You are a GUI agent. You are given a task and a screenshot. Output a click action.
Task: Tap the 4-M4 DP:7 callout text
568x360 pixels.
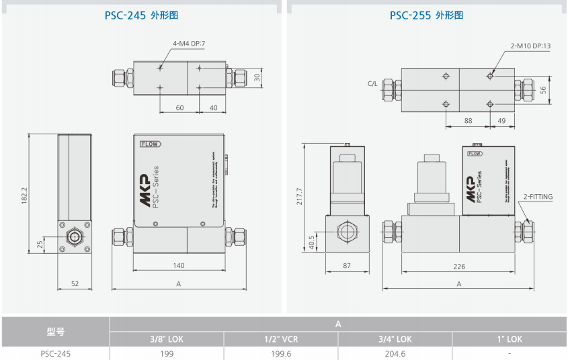click(189, 44)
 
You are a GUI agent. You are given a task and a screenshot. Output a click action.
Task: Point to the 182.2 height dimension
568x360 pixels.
click(25, 195)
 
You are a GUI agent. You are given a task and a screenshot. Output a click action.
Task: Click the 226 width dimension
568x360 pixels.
click(459, 266)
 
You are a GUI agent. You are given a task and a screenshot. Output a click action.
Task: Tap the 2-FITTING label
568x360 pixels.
click(538, 197)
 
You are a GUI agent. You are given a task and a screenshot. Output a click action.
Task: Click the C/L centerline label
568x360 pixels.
click(373, 84)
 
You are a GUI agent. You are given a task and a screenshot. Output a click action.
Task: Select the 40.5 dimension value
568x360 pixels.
click(311, 240)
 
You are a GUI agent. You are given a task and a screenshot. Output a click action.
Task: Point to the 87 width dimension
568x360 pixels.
click(347, 266)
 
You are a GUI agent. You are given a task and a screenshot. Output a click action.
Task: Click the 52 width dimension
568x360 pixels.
click(75, 284)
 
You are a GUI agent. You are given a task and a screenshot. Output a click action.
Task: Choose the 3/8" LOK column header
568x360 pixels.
click(166, 339)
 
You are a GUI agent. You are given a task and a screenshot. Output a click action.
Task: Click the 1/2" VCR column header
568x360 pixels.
click(280, 339)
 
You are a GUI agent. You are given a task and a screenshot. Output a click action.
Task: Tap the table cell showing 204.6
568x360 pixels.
click(395, 353)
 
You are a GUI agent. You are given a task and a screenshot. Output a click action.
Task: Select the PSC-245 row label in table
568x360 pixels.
click(55, 353)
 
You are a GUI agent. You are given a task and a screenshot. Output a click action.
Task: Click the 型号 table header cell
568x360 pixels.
click(55, 331)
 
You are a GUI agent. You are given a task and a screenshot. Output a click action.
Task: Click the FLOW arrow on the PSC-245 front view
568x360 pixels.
click(150, 144)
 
